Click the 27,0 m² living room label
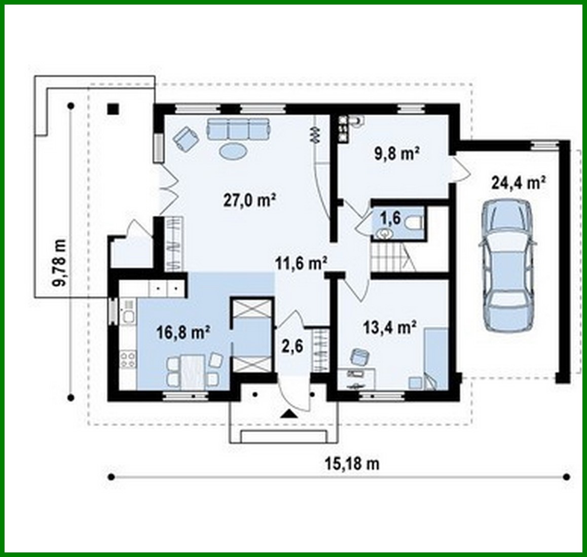pos(249,200)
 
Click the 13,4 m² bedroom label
pos(390,327)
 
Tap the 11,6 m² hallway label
pos(301,263)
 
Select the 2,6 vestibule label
pos(292,346)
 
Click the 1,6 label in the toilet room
pos(391,219)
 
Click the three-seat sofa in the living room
pos(237,129)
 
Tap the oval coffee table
pos(234,151)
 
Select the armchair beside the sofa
pos(186,137)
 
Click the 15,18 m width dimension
pos(351,463)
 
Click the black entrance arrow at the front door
pos(289,413)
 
